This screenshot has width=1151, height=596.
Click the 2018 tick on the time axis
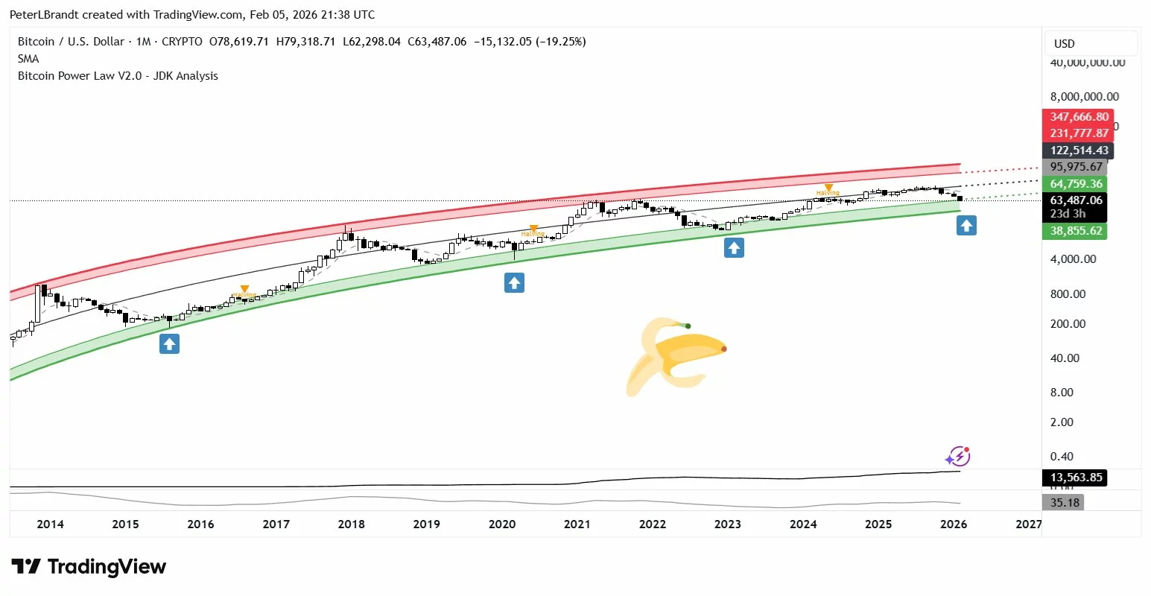(352, 524)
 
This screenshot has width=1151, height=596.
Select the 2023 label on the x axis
(728, 524)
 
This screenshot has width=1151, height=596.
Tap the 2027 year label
(1029, 524)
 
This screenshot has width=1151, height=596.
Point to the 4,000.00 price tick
(1073, 259)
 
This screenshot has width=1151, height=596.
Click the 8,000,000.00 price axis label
(1085, 97)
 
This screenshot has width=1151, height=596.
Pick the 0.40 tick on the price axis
(1062, 457)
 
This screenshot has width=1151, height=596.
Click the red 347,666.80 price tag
(1079, 117)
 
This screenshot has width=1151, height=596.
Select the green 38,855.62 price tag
(1076, 231)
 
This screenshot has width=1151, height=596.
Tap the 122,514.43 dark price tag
(1079, 150)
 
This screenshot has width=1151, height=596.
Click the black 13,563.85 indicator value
(1076, 478)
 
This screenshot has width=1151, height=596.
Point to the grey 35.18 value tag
(1065, 503)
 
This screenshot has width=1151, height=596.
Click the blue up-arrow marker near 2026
(966, 225)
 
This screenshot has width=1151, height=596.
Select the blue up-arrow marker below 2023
(734, 248)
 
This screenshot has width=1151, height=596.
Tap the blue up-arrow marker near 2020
(514, 282)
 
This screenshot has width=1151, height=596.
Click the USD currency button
(1065, 44)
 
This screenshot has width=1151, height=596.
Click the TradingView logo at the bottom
(89, 567)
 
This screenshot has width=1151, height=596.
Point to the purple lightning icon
(957, 456)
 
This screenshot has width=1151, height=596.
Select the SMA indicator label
(28, 59)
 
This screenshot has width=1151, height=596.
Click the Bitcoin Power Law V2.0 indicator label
(118, 76)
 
